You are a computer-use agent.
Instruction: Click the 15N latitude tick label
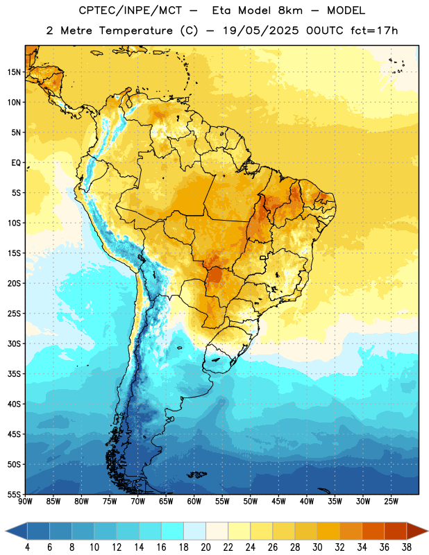coord(14,72)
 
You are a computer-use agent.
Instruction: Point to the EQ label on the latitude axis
coord(16,163)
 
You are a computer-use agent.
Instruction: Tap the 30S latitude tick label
coord(14,343)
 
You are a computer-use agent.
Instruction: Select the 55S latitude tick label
coord(14,495)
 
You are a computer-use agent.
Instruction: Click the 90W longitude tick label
coord(25,502)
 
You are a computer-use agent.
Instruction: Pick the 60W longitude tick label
coord(194,502)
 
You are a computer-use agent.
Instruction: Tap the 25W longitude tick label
coord(391,502)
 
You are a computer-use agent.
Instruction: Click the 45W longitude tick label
coord(278,502)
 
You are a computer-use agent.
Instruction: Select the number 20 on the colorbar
coord(205,547)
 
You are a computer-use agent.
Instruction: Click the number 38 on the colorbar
coord(407,547)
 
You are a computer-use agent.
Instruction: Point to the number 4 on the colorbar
coord(27,547)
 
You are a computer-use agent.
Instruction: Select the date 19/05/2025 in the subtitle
coord(260,31)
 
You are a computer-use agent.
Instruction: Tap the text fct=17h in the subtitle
coord(374,31)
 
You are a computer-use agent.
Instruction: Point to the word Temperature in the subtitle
coord(135,31)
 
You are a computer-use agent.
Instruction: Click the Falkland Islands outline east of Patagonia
coord(196,475)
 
